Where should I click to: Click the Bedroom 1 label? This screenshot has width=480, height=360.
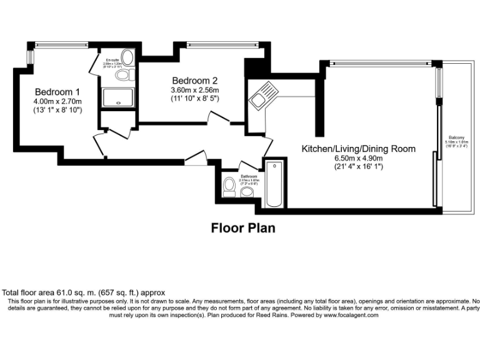57,89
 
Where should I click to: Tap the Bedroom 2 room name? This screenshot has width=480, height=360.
194,80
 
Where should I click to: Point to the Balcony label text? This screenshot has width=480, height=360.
455,138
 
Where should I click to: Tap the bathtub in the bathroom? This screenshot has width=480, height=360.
274,185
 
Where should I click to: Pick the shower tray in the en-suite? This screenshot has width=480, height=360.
117,97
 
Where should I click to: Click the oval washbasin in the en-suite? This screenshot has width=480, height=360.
127,58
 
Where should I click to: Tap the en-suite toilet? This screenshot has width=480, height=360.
124,75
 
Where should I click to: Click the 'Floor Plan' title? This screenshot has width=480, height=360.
242,227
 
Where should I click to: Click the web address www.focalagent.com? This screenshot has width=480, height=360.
351,316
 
